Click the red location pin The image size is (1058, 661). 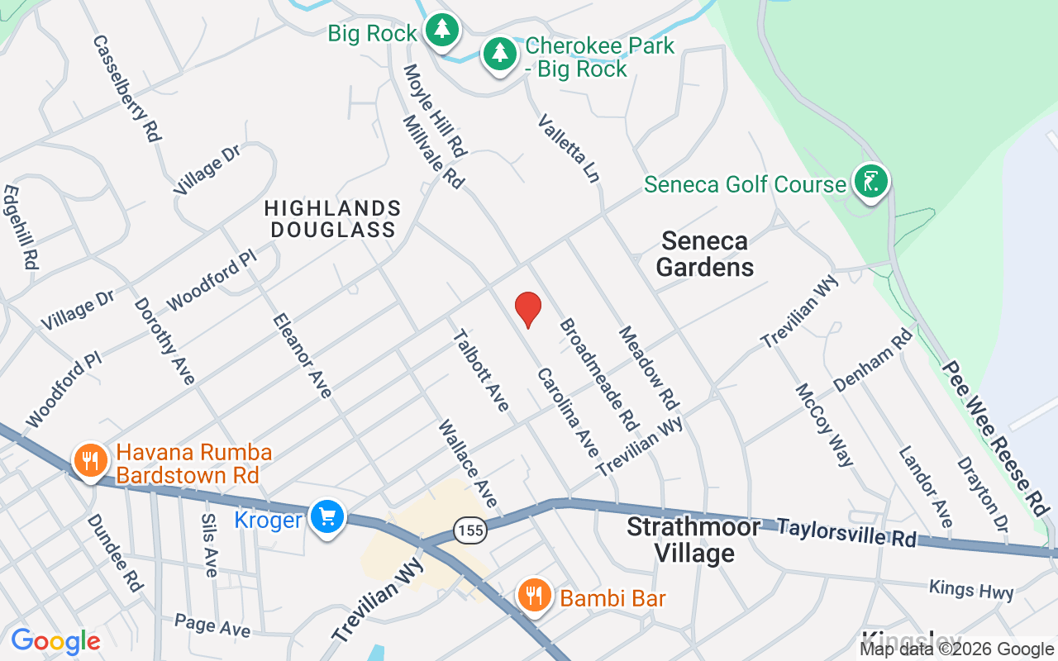point(527,308)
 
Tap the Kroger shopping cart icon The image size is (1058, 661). point(327,517)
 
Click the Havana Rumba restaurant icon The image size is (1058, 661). point(90,460)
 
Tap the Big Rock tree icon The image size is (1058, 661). point(443,31)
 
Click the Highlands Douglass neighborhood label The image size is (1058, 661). point(333,219)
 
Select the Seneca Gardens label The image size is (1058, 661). point(708,254)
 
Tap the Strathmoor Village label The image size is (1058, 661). point(693,540)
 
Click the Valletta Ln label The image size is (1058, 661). point(568,149)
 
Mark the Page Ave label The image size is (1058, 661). point(212,625)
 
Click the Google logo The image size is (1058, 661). point(55,640)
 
